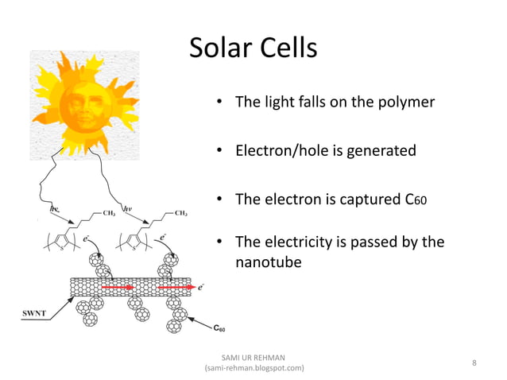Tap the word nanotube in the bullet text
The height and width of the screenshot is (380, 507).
(x=269, y=261)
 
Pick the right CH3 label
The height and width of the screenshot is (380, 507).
(x=180, y=213)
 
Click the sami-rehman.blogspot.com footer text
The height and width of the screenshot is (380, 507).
(x=254, y=369)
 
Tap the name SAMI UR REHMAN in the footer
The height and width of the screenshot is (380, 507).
(x=254, y=357)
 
